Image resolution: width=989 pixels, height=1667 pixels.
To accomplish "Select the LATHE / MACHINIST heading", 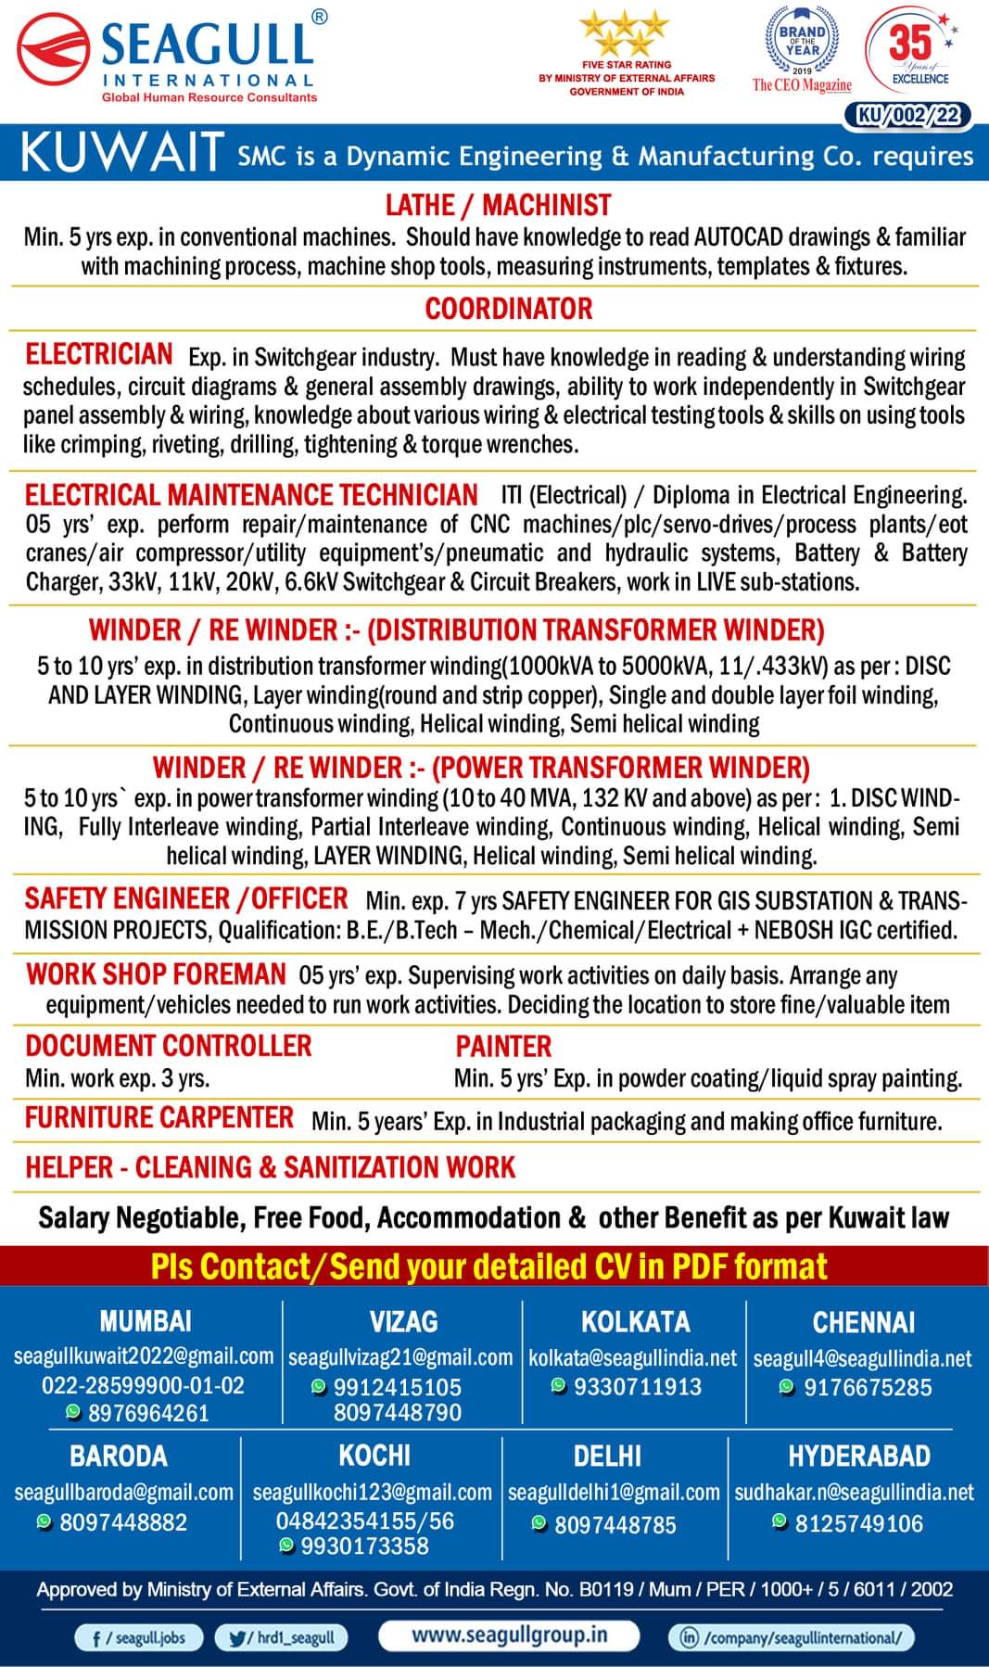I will [x=499, y=205].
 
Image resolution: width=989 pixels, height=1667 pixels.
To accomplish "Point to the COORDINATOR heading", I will [x=508, y=308].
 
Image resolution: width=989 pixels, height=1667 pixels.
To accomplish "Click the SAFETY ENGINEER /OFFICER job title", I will [x=186, y=898].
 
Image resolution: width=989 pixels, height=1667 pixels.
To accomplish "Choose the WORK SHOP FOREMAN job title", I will [x=156, y=973].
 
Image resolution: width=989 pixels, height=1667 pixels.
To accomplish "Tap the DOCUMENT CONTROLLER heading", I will [x=168, y=1046].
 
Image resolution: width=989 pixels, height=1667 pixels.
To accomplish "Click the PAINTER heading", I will [x=503, y=1047].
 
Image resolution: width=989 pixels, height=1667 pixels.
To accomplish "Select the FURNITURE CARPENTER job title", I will [x=159, y=1118].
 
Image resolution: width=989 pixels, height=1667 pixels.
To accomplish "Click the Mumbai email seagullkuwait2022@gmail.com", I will [x=144, y=1355].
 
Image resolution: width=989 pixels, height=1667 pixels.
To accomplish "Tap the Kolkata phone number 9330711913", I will [x=638, y=1387].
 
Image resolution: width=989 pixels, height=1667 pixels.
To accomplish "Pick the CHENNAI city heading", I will [x=863, y=1322].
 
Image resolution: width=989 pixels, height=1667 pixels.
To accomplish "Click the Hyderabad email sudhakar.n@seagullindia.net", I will [x=855, y=1493].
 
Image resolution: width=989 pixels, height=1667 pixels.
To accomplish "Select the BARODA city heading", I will [x=119, y=1456].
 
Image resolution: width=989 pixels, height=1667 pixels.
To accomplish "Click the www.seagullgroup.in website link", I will [x=509, y=1634].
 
